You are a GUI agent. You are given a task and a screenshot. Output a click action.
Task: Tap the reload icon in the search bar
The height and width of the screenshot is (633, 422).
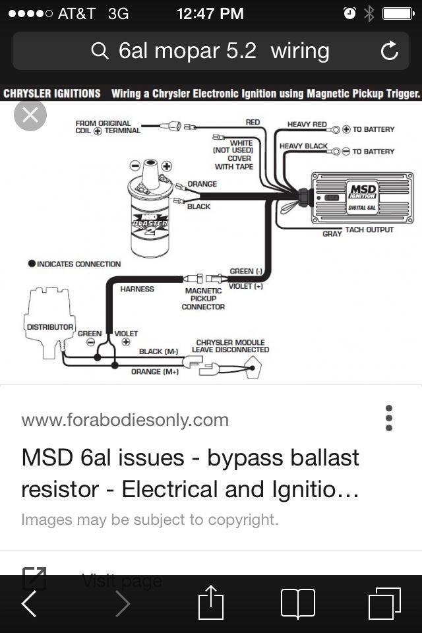(x=390, y=51)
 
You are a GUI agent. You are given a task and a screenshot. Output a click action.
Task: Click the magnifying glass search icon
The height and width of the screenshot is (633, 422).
(x=100, y=51)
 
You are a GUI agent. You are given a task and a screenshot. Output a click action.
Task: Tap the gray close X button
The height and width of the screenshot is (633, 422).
(x=30, y=115)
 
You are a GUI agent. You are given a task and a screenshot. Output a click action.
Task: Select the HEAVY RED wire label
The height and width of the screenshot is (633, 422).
(x=307, y=125)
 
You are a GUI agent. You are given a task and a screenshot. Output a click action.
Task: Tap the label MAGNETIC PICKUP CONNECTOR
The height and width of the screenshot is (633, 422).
(x=203, y=299)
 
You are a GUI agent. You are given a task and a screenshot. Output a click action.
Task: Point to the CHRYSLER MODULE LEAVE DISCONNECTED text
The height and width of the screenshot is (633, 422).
(x=230, y=346)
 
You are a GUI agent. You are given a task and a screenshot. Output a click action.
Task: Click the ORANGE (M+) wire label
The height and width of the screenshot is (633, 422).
(x=154, y=372)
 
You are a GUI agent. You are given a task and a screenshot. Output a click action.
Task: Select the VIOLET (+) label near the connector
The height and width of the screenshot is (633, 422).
(x=245, y=286)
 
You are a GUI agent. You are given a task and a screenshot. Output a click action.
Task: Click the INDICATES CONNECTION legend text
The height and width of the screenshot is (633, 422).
(x=78, y=264)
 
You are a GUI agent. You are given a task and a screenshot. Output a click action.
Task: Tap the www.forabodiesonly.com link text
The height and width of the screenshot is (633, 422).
(x=125, y=420)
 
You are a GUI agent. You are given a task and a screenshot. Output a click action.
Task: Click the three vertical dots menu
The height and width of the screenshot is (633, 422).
(x=389, y=418)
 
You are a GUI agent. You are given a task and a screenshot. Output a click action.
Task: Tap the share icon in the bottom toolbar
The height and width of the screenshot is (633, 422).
(x=211, y=603)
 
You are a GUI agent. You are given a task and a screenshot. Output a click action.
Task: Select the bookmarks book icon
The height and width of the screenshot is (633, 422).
(x=298, y=603)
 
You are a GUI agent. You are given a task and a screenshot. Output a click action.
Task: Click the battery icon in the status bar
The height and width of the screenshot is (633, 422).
(x=398, y=14)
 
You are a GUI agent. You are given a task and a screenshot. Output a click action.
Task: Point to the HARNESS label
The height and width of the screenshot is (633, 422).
(x=137, y=289)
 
